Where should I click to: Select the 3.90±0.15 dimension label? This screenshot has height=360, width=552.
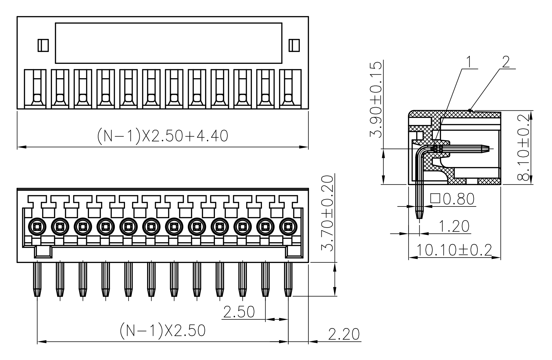[x=376, y=99]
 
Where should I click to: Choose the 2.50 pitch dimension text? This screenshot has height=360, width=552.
[x=239, y=312]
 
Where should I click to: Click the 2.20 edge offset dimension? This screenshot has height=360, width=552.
[x=343, y=334]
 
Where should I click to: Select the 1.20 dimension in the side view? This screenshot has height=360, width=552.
[x=454, y=226]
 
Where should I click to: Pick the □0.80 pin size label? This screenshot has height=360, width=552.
[x=452, y=199]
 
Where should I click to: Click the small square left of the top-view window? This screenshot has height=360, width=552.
[x=43, y=45]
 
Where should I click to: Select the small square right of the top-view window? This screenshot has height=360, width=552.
[x=294, y=45]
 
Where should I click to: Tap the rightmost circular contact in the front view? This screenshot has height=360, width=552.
[x=288, y=227]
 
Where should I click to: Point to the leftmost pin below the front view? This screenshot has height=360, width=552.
[x=37, y=278]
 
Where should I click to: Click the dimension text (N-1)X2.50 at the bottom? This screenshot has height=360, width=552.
[x=163, y=331]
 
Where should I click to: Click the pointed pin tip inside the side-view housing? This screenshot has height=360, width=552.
[x=487, y=148]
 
